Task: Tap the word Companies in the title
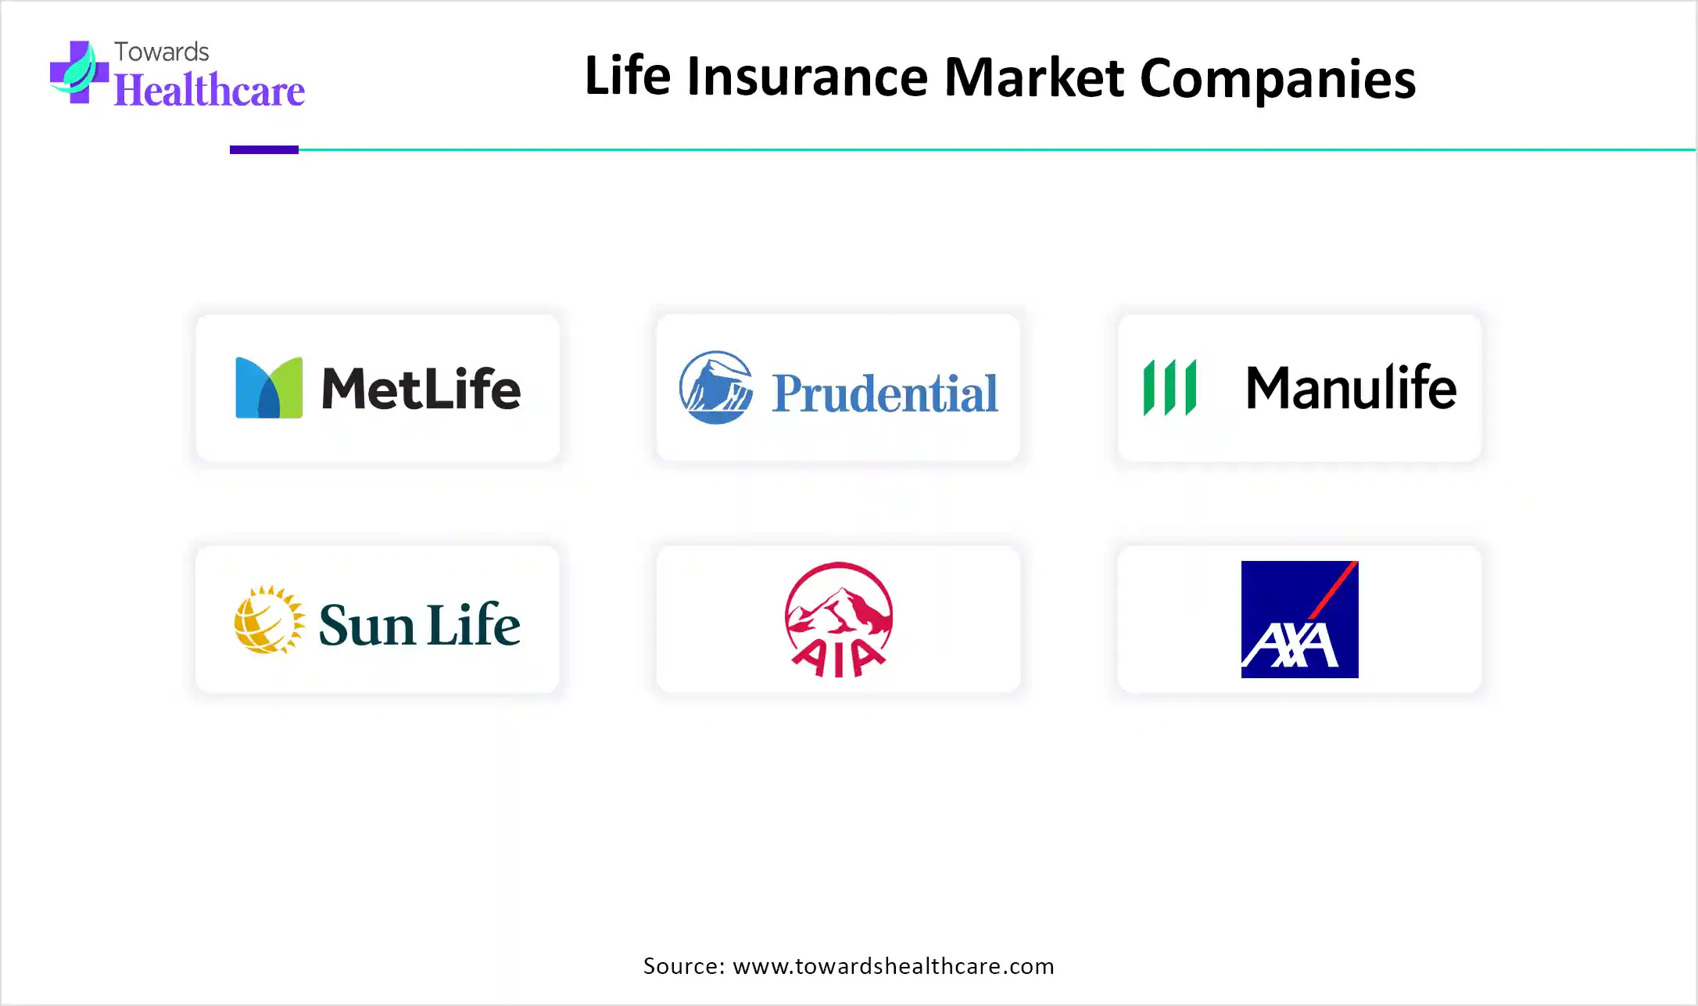tap(1278, 79)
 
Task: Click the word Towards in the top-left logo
tap(162, 52)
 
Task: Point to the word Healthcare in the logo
tap(210, 90)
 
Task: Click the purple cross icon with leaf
tap(78, 72)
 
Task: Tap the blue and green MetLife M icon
tap(269, 387)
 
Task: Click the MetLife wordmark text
tap(421, 388)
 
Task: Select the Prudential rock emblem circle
tap(716, 387)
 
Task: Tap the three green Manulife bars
tap(1170, 387)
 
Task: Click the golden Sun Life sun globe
tap(269, 620)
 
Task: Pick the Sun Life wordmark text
tap(420, 624)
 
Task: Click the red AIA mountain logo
tap(839, 619)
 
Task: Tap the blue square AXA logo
tap(1300, 620)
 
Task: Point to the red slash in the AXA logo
tap(1332, 591)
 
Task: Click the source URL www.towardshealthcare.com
tap(894, 966)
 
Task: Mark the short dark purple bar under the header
tap(264, 149)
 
